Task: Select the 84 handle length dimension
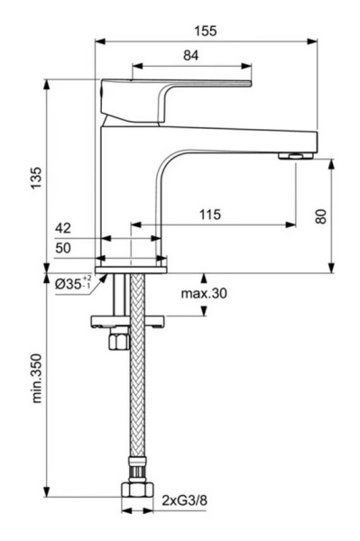click(x=190, y=56)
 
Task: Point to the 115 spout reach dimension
click(x=210, y=215)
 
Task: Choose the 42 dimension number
click(x=63, y=229)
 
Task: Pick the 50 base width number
click(x=63, y=249)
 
